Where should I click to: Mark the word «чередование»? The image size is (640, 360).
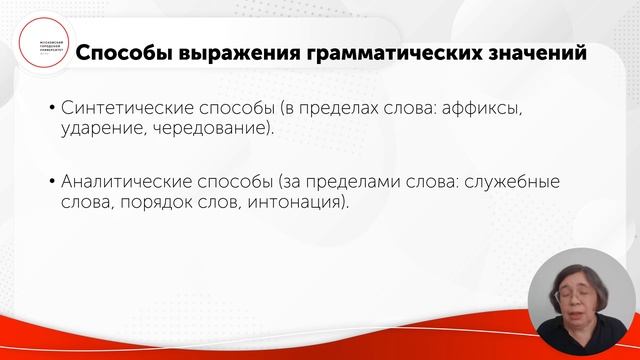click(220, 129)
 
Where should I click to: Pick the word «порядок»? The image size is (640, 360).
click(153, 204)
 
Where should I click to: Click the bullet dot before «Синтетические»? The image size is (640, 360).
click(51, 107)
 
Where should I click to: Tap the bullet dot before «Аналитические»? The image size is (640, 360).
click(51, 183)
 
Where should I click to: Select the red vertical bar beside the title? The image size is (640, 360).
click(70, 51)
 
